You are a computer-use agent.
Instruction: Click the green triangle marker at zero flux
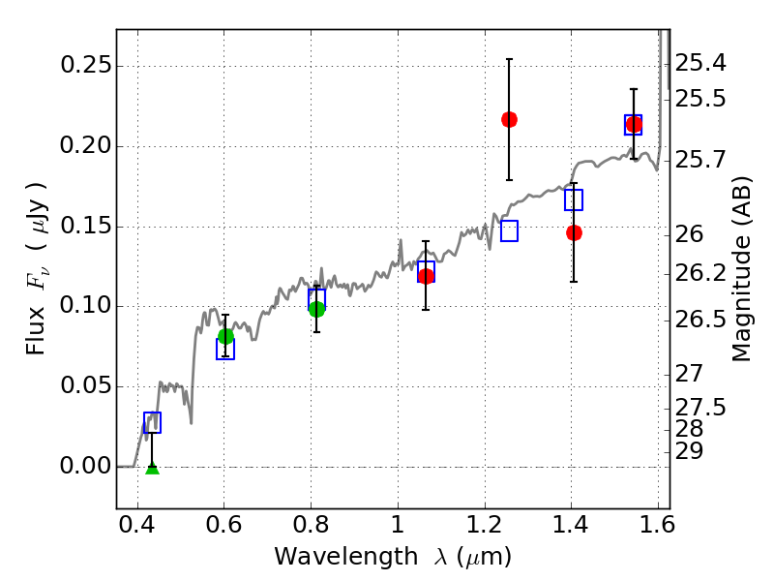click(x=153, y=469)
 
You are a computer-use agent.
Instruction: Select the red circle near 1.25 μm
click(x=509, y=119)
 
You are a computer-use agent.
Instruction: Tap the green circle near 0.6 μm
click(x=225, y=336)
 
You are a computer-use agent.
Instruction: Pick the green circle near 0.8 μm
click(x=317, y=309)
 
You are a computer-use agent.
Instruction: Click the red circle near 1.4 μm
click(x=574, y=232)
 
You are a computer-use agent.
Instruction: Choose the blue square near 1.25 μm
click(x=509, y=230)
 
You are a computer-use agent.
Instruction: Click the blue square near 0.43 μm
click(x=152, y=422)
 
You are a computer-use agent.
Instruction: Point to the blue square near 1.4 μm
click(x=574, y=199)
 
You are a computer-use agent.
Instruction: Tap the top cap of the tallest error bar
click(x=509, y=59)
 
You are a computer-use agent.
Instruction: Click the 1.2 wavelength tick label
click(x=485, y=525)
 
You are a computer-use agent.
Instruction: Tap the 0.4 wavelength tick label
click(x=137, y=525)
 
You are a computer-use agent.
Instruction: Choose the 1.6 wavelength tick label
click(x=656, y=525)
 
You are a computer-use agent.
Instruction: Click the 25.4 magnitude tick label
click(x=700, y=63)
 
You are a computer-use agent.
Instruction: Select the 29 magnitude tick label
click(x=689, y=450)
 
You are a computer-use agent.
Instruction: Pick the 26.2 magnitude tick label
click(x=700, y=272)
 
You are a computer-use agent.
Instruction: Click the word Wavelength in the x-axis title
click(x=346, y=557)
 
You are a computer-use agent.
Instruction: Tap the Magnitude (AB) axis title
click(x=740, y=269)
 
